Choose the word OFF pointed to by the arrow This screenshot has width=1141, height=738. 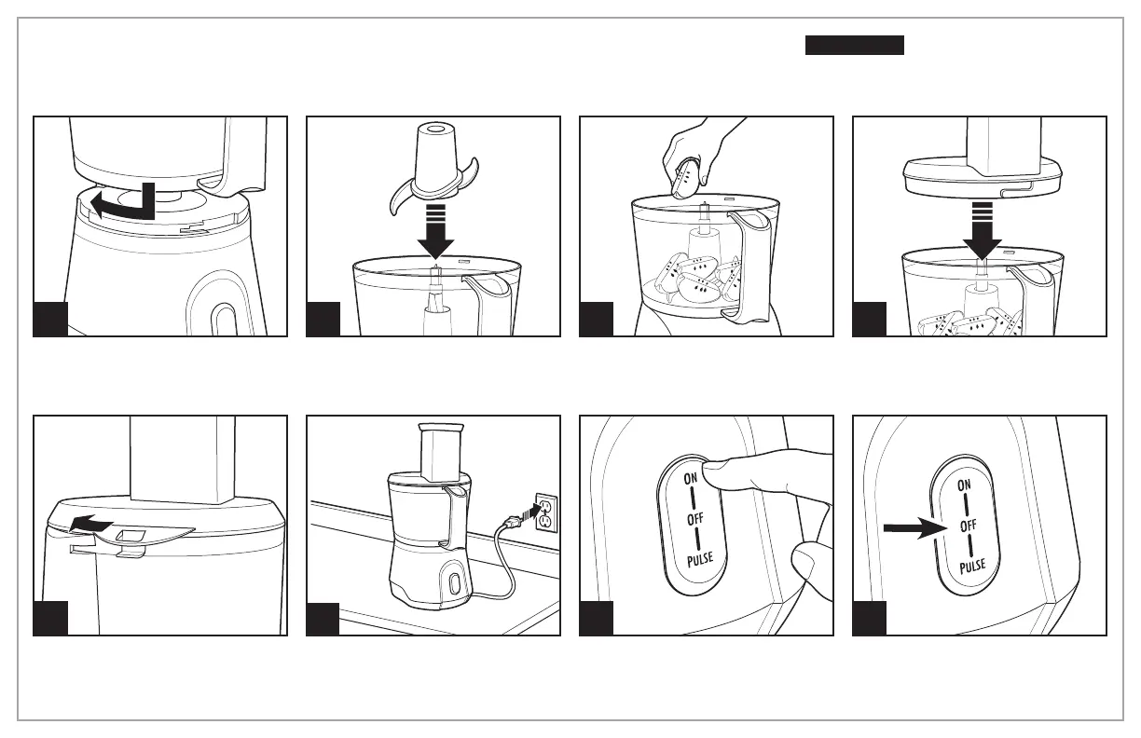click(x=967, y=527)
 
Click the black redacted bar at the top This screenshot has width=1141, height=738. click(x=855, y=46)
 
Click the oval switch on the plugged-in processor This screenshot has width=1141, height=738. click(x=454, y=584)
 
